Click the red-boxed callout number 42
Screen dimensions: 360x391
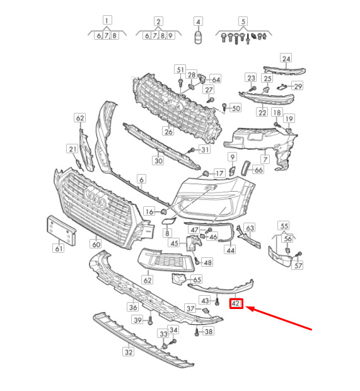[236, 303]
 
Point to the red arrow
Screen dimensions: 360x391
[279, 318]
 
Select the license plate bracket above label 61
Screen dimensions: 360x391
[61, 231]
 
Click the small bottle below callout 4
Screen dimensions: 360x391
[198, 37]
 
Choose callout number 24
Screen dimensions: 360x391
[286, 59]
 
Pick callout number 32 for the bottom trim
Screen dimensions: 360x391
[129, 352]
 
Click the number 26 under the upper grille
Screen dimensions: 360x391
[168, 131]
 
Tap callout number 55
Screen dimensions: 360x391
[284, 226]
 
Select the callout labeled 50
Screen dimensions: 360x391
[236, 108]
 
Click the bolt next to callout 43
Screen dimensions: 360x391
[217, 302]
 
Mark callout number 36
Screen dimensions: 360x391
[133, 307]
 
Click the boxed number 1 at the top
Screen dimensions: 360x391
[107, 20]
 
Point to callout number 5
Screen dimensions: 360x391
[243, 21]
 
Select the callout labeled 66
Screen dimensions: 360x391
[258, 170]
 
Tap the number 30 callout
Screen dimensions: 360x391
[158, 160]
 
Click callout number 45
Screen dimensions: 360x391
[174, 243]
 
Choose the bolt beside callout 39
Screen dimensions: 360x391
[150, 320]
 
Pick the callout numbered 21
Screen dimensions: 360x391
[73, 149]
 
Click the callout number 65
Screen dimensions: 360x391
[197, 279]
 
